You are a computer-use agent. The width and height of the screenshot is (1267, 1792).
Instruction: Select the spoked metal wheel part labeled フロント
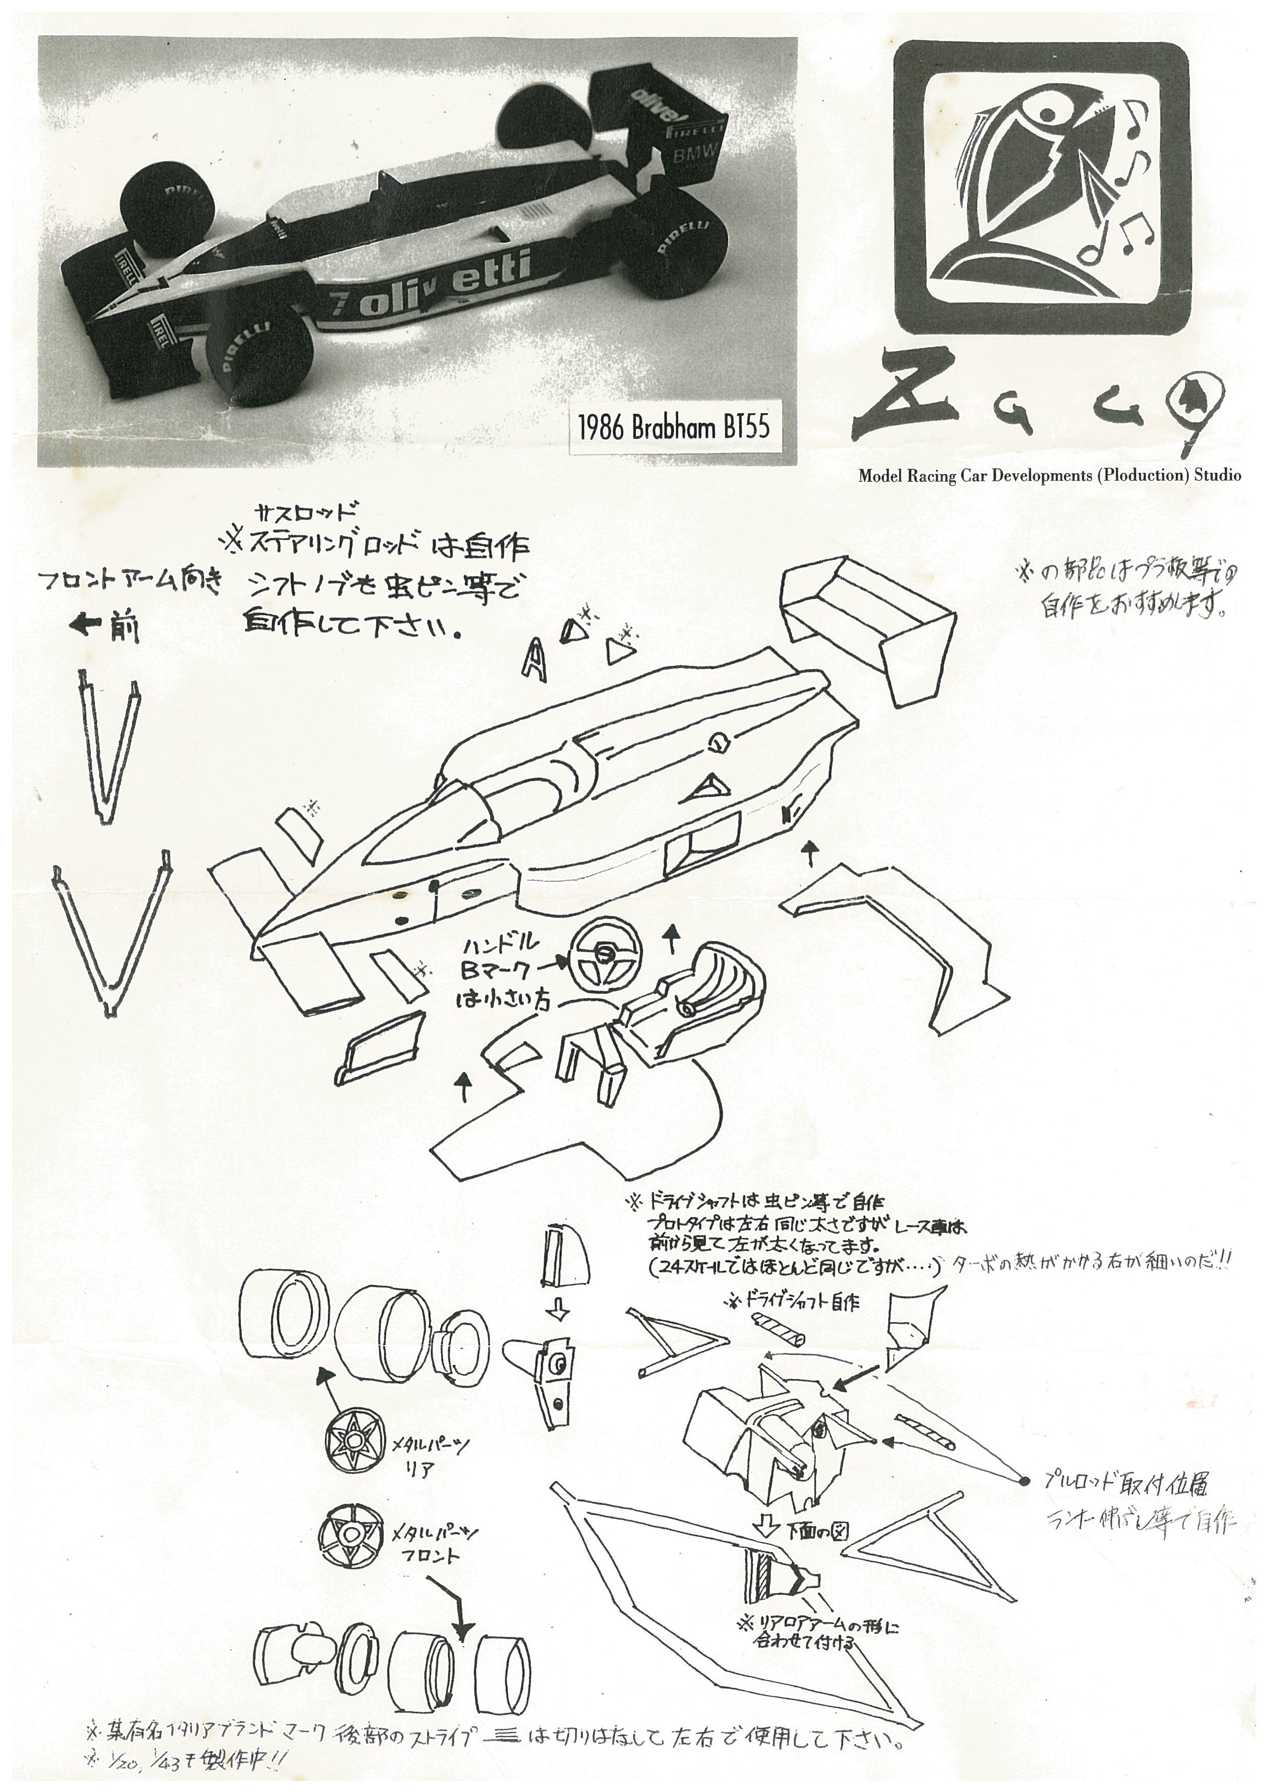(352, 1533)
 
